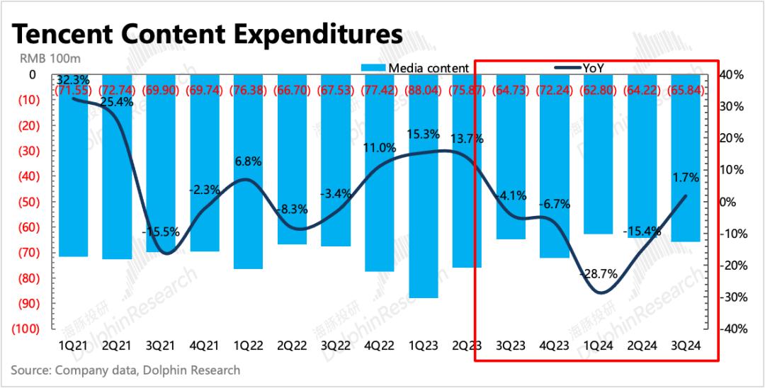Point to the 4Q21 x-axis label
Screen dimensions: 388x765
pyautogui.click(x=204, y=346)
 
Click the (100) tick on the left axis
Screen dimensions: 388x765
pyautogui.click(x=24, y=329)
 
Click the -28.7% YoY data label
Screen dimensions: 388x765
pyautogui.click(x=599, y=273)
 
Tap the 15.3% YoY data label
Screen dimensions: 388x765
pyautogui.click(x=423, y=134)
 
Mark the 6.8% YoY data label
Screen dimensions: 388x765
pyautogui.click(x=248, y=161)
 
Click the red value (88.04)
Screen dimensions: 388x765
pyautogui.click(x=423, y=90)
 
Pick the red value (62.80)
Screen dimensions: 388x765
pyautogui.click(x=597, y=90)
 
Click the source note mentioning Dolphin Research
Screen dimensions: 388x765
pyautogui.click(x=125, y=370)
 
